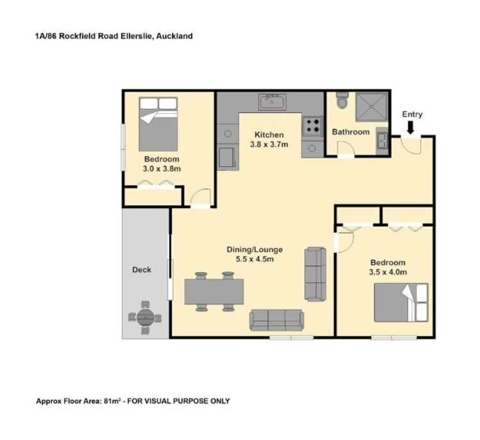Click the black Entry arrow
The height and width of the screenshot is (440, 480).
[410, 127]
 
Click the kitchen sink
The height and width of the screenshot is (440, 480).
[274, 101]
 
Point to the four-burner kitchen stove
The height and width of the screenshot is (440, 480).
[312, 125]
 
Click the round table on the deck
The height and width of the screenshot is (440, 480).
[145, 316]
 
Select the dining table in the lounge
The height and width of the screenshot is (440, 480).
[215, 291]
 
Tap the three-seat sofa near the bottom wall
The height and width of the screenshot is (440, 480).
[276, 319]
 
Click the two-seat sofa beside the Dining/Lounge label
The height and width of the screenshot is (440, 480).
[315, 273]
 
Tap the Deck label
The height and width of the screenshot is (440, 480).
[141, 270]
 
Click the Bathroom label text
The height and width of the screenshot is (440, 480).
[351, 132]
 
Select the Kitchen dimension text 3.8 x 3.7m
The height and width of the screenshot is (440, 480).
[269, 145]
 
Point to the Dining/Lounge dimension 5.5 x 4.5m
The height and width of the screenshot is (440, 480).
[255, 259]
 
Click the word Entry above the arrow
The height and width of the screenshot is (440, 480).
[412, 115]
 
